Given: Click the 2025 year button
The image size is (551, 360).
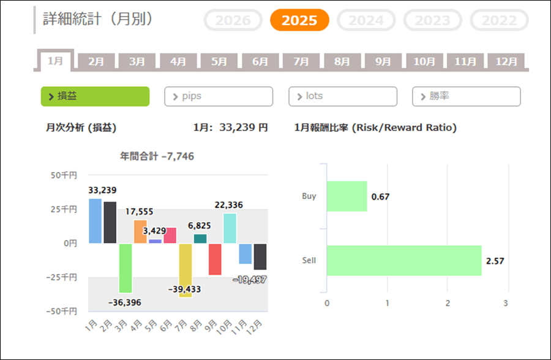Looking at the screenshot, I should [299, 20].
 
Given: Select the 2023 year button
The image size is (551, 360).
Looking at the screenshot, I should [432, 20].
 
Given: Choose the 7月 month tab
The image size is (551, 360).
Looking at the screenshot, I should [301, 61].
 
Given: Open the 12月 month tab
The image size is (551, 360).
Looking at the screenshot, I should [506, 61].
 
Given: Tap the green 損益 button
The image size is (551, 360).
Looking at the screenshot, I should [95, 96].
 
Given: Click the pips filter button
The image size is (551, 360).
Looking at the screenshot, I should [219, 96].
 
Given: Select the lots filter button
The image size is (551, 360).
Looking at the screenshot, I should [343, 96].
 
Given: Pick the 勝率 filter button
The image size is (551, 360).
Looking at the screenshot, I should [467, 96].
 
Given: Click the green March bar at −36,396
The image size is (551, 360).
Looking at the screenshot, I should [126, 268].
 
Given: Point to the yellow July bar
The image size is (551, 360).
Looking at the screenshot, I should [186, 270].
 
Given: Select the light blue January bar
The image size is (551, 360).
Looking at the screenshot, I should [95, 221].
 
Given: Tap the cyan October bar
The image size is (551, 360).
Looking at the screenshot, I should [230, 228].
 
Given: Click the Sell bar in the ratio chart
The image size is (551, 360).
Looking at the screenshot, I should [404, 260].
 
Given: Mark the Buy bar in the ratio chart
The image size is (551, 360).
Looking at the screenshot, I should [347, 196].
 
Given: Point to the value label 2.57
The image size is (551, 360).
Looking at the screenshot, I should [494, 261].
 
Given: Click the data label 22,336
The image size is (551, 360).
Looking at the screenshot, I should [228, 204].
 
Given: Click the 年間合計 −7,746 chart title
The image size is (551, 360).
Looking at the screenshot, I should [157, 156].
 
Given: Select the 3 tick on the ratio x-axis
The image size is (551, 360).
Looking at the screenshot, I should [506, 303].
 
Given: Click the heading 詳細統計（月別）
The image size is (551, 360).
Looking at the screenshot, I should [98, 19].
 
